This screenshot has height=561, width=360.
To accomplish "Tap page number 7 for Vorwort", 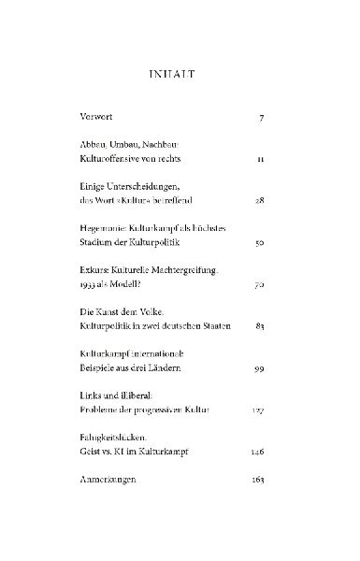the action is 262,120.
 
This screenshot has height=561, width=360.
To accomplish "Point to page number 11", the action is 261,160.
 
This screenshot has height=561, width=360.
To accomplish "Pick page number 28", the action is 259,200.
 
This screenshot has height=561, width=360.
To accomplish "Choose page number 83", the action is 259,325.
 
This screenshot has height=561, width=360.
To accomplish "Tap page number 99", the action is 259,367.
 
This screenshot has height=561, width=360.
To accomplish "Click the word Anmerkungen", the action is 112,481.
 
